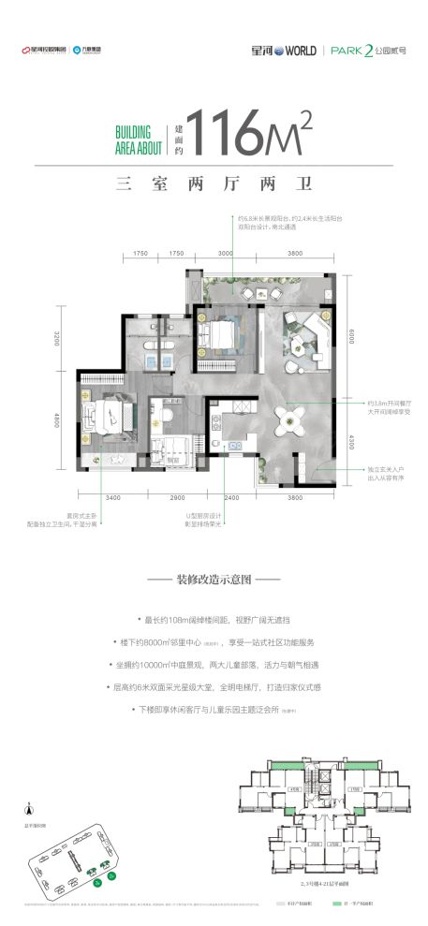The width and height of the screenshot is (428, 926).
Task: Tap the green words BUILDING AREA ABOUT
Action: (138, 140)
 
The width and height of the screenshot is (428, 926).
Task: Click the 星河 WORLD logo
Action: (278, 51)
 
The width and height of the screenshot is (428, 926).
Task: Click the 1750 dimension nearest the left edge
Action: (140, 254)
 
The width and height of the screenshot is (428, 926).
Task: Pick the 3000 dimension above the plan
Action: (225, 254)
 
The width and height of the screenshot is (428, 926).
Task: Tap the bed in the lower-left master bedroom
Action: (104, 415)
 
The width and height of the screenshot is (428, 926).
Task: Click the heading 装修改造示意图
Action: (214, 581)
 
